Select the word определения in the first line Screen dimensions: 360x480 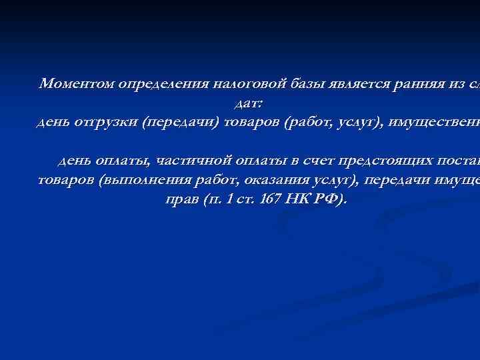click(164, 84)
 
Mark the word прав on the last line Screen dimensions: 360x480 click(177, 199)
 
